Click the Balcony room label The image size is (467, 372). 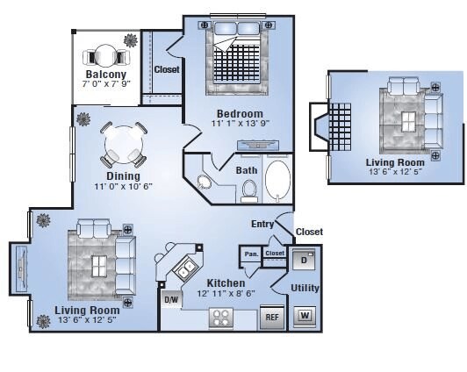106,74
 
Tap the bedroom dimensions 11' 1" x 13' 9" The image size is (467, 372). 241,123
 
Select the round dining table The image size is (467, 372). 124,145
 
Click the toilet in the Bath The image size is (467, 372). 249,191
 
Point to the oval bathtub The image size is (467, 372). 277,181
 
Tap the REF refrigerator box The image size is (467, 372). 272,318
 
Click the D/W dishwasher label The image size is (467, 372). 171,299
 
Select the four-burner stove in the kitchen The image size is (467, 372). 221,318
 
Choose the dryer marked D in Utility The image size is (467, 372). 304,260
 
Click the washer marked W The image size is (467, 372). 305,316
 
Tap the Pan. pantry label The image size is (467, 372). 251,254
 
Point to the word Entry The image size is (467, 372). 262,224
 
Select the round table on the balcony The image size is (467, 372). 105,55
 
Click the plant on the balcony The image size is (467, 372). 131,40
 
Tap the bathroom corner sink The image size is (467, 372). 204,182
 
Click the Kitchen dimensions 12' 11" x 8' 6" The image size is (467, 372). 226,294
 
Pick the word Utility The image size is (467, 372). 305,288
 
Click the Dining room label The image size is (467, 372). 123,175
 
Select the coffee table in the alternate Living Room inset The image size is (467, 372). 409,122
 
